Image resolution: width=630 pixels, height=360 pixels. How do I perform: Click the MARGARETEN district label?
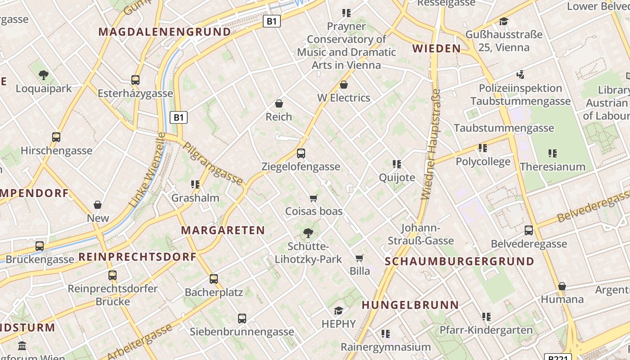[223, 230]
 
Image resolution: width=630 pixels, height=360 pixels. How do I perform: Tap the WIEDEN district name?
[436, 49]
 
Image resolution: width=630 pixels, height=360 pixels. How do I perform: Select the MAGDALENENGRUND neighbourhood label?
[165, 32]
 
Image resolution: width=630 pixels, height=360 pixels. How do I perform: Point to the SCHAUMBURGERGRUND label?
[459, 261]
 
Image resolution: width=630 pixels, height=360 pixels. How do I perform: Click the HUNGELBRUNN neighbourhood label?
[410, 305]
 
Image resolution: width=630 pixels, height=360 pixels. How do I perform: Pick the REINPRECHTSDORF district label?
[138, 257]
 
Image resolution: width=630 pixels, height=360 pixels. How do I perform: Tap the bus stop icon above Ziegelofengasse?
[301, 153]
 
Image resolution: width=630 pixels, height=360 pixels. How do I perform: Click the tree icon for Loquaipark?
[44, 75]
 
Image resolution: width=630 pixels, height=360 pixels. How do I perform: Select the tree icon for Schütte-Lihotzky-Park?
[308, 233]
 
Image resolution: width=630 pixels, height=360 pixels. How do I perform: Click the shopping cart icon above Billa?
[359, 258]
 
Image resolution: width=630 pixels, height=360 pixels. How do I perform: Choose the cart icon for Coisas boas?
[314, 198]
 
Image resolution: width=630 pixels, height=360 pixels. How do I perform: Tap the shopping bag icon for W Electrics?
[344, 85]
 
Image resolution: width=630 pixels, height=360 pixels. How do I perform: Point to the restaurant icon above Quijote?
[396, 164]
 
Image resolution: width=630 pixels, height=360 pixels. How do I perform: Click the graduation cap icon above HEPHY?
[338, 310]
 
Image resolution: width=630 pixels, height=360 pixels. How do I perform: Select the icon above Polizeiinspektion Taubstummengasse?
[521, 75]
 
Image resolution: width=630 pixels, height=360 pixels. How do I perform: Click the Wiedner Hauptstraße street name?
[431, 144]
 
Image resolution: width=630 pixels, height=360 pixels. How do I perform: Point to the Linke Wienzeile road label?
[147, 170]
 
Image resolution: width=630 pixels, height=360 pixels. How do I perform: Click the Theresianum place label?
[553, 167]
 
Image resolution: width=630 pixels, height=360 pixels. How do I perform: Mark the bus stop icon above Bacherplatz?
[214, 279]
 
